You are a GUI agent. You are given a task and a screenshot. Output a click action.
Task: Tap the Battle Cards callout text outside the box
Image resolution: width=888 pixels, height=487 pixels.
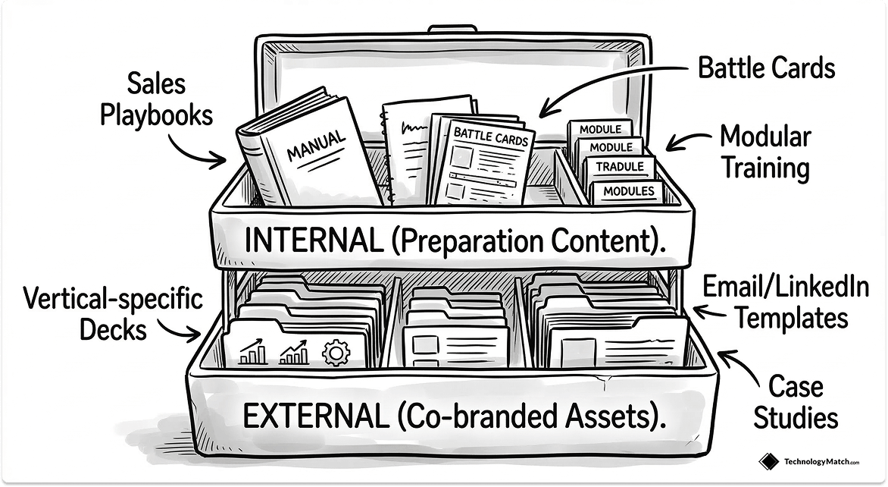tap(766, 68)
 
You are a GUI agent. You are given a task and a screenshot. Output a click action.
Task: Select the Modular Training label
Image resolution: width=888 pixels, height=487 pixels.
tap(764, 152)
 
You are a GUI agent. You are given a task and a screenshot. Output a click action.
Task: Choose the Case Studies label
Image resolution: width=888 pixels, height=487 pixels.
tap(795, 402)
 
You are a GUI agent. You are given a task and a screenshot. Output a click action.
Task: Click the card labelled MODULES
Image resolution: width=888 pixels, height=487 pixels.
tap(627, 191)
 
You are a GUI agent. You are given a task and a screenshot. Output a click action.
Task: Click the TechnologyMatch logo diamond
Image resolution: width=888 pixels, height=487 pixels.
tap(768, 461)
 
